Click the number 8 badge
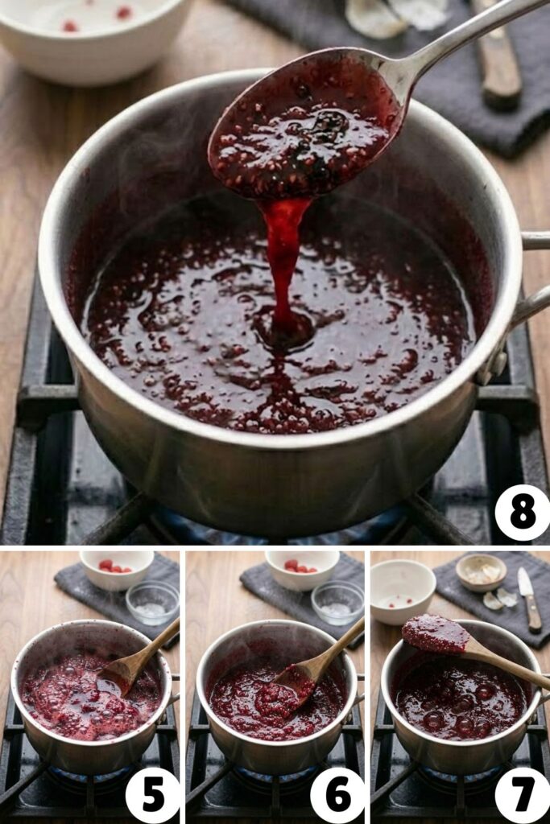tap(522, 513)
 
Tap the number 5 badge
tap(152, 795)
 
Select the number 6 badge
tap(337, 795)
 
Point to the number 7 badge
tap(522, 795)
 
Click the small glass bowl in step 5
tap(152, 602)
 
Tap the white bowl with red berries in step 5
tap(117, 569)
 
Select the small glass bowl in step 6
tap(337, 602)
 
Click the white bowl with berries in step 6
tap(302, 569)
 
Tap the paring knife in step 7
tap(529, 599)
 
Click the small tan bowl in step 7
tap(481, 571)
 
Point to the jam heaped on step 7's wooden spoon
tap(435, 634)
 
